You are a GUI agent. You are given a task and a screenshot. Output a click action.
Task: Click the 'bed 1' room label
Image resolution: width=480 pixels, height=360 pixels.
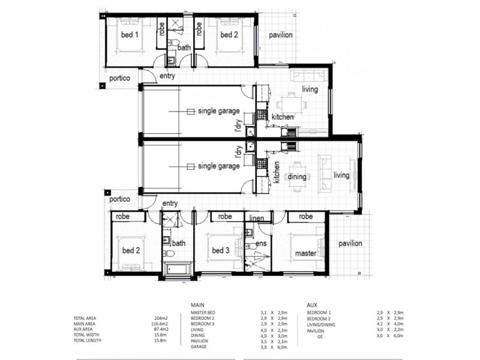coord(129,35)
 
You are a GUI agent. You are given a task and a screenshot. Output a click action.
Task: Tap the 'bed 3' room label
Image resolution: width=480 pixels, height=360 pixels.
coord(220,250)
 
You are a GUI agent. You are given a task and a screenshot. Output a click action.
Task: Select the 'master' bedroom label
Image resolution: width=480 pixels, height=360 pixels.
coord(305,254)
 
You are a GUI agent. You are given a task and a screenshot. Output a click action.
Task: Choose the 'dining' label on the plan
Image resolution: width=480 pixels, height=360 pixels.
coord(297,177)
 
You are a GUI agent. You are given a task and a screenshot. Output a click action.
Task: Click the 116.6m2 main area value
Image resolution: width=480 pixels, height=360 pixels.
coord(159,324)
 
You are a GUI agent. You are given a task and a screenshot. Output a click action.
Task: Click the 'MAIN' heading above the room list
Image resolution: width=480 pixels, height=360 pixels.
coord(198,305)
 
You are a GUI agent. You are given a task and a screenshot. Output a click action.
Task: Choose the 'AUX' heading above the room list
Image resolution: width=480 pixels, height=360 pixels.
coord(312,305)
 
